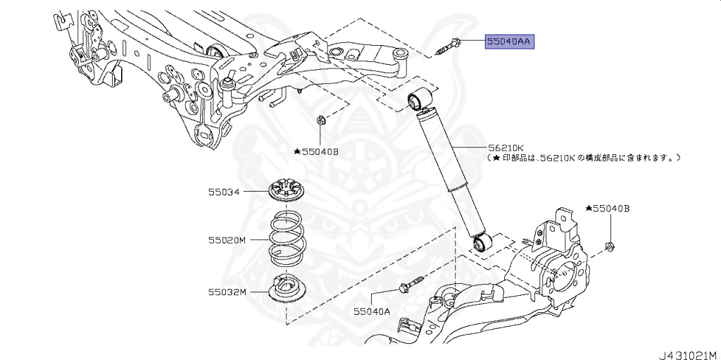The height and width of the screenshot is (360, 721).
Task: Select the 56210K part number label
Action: [506, 148]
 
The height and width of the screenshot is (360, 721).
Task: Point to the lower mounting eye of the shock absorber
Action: [482, 244]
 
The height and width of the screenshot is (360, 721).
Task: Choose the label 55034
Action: [223, 191]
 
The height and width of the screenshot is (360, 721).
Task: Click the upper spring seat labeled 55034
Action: [288, 190]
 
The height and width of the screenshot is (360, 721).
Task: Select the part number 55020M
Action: [226, 240]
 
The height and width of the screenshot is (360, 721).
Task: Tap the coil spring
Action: [288, 238]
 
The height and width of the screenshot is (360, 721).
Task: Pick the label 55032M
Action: [226, 291]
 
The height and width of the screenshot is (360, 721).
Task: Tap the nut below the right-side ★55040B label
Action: [610, 247]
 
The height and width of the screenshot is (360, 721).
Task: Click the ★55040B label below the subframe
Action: [316, 151]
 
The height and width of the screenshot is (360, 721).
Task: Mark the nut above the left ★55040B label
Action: [320, 120]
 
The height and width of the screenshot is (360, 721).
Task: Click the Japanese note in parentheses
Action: [584, 159]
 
